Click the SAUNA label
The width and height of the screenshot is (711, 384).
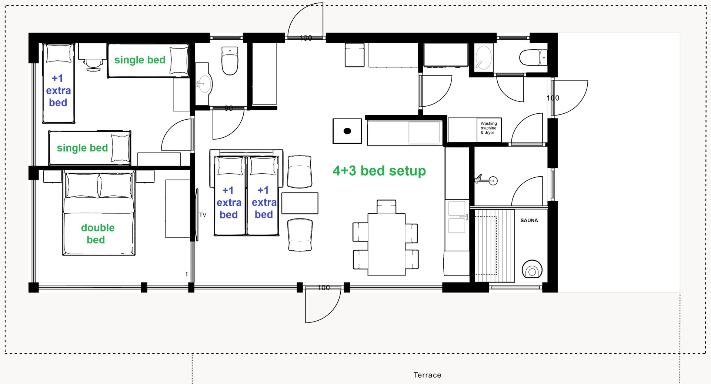(x=529, y=220)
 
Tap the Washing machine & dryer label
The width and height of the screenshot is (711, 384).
(x=489, y=128)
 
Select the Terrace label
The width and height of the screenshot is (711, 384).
(x=427, y=375)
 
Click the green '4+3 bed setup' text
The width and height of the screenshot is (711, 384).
(x=379, y=171)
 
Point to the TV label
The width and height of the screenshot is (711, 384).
(x=203, y=215)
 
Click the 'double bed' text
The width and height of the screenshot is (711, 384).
(x=97, y=234)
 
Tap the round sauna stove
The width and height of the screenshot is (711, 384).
(x=532, y=269)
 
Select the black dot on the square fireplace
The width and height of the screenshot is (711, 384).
(x=347, y=131)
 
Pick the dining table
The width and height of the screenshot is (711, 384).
(x=387, y=244)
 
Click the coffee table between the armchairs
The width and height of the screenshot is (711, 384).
(x=300, y=203)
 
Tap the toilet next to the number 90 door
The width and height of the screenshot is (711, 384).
(x=230, y=61)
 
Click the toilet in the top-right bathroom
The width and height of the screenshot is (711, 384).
(x=533, y=58)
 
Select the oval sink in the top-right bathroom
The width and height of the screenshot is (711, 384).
(x=484, y=58)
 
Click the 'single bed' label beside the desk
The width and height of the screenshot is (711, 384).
(x=140, y=60)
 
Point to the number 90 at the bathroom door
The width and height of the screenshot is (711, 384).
(x=228, y=108)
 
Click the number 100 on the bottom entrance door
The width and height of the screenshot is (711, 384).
(x=323, y=288)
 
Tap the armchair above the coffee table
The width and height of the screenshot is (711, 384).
(x=300, y=171)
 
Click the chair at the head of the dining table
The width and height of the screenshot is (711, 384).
(x=387, y=207)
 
